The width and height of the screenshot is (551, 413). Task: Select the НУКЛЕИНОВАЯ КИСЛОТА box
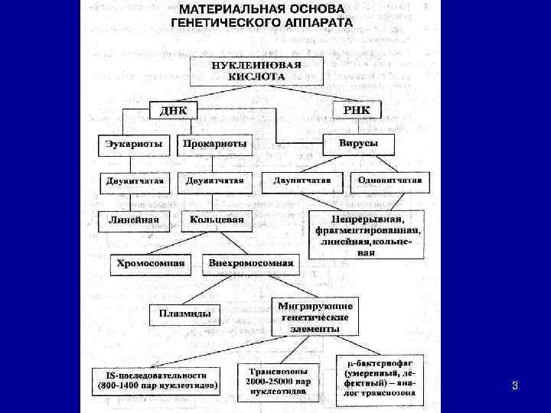click(x=257, y=70)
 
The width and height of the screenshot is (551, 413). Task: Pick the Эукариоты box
click(x=135, y=144)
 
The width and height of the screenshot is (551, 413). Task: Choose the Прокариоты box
click(x=215, y=144)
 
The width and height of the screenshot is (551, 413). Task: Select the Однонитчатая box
click(x=390, y=181)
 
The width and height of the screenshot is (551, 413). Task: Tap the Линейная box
click(x=134, y=220)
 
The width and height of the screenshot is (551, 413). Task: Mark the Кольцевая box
click(x=217, y=220)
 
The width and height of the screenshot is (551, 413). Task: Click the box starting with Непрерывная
click(x=368, y=234)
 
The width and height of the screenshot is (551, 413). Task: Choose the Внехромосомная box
click(x=251, y=263)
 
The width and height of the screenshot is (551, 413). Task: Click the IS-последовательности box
click(x=157, y=380)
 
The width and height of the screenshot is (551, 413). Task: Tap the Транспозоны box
click(x=278, y=378)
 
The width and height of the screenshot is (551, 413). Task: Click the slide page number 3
click(x=515, y=386)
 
